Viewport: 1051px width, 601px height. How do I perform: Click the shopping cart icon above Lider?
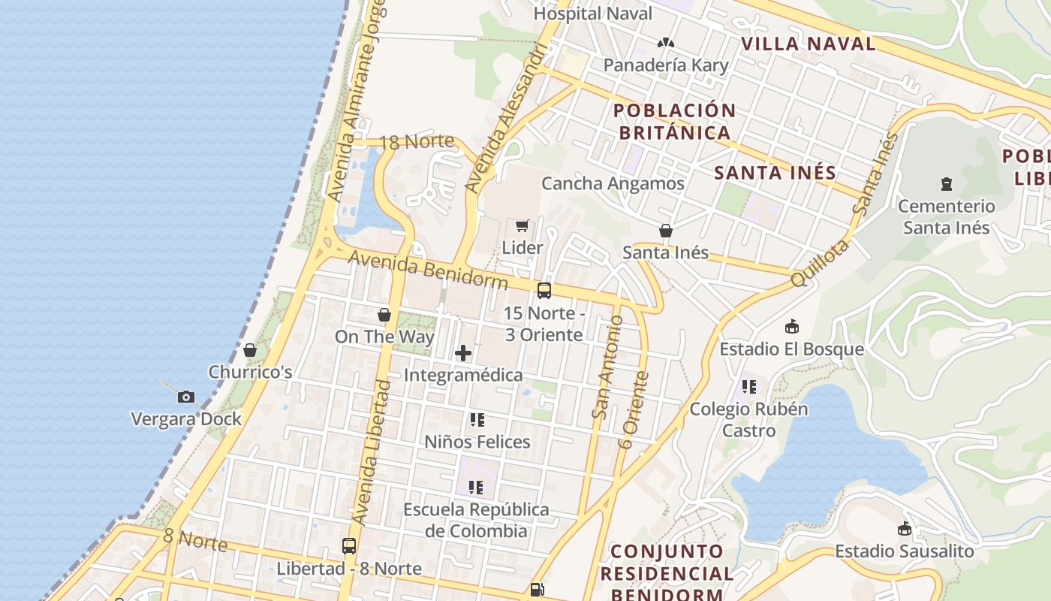pos(522,225)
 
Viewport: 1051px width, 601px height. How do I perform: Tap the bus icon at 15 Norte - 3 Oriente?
pos(544,290)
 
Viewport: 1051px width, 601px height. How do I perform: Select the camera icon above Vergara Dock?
pos(186,397)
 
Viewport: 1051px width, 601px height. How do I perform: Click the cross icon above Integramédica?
pos(463,352)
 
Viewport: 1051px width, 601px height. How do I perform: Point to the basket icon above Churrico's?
pos(250,350)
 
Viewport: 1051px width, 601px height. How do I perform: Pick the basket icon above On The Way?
pos(384,314)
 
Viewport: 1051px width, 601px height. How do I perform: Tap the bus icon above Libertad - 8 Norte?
pos(349,546)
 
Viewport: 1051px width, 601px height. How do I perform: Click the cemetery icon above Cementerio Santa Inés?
pos(946,183)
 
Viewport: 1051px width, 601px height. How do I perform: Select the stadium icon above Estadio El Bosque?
pos(791,327)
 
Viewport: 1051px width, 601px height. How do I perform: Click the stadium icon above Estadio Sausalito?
pos(904,529)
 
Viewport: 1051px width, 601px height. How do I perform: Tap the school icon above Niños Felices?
pos(477,419)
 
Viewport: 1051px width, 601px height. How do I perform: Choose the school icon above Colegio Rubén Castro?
pos(748,387)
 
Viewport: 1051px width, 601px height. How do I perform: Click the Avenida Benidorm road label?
pos(429,269)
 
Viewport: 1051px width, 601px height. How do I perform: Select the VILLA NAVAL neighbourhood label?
pos(809,44)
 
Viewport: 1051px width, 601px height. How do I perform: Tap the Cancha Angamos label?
pos(613,183)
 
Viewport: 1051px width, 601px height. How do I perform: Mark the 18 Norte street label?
pos(417,142)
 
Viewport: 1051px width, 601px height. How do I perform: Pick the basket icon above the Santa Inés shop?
pos(665,230)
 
